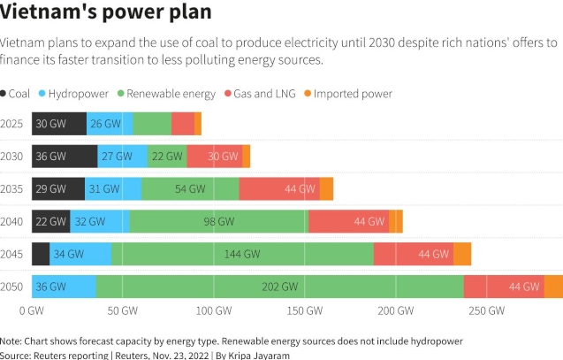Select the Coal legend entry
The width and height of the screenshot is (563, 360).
19,94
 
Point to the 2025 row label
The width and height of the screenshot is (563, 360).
12,124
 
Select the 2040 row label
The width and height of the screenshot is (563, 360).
12,221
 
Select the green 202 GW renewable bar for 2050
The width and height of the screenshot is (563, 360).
279,287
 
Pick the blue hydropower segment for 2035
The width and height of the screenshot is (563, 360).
113,189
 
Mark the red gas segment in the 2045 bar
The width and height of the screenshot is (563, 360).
413,254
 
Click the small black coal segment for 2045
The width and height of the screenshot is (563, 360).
41,254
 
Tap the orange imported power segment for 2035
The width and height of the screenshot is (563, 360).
326,189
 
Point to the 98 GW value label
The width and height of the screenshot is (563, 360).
219,222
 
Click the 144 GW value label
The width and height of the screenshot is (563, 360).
242,254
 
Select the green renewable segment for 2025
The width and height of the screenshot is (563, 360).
152,124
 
